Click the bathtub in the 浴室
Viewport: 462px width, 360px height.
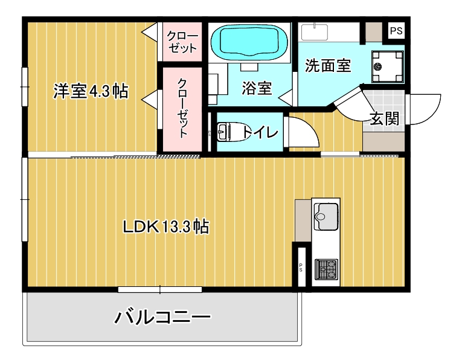tap(250, 41)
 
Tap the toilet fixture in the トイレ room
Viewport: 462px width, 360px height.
tap(228, 131)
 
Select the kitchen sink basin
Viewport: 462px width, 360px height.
tap(326, 214)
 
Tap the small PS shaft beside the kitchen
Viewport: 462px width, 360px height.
tap(300, 266)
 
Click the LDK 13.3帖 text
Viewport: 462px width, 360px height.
tap(165, 227)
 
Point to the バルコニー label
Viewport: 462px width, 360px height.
tap(162, 317)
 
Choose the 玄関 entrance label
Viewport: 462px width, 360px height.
tap(384, 119)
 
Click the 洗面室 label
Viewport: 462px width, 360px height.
tap(328, 66)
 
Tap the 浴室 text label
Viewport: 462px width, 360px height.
tap(257, 88)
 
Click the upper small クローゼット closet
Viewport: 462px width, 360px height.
tap(182, 42)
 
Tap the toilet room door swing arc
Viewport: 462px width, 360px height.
tap(301, 132)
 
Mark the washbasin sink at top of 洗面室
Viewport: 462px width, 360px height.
tap(314, 32)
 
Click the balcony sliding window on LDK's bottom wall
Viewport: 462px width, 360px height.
tap(159, 289)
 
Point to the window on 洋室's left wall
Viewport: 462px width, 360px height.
tap(25, 86)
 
